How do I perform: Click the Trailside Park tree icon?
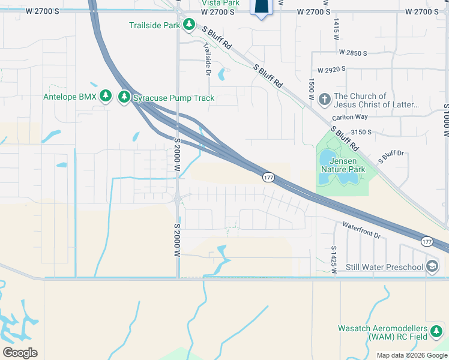[x=190, y=25]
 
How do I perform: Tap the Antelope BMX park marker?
[x=106, y=96]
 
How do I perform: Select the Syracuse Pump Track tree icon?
[x=124, y=96]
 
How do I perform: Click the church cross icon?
[x=324, y=99]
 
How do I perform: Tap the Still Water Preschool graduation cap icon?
[x=432, y=266]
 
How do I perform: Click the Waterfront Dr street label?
[x=361, y=231]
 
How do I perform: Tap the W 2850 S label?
[x=352, y=53]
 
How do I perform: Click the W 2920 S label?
[x=332, y=70]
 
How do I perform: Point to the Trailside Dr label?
[x=208, y=59]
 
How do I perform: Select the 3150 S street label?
[x=362, y=132]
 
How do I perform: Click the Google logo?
[x=20, y=352]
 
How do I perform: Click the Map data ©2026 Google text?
[x=412, y=355]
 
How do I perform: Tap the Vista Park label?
[x=220, y=3]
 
